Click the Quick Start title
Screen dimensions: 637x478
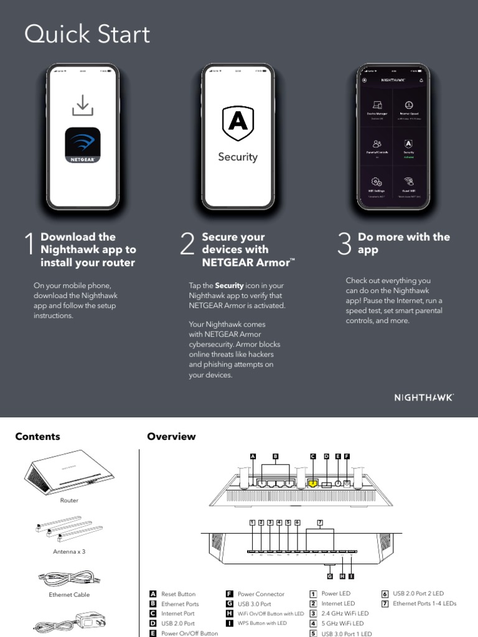click(87, 34)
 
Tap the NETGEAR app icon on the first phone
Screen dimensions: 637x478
click(83, 146)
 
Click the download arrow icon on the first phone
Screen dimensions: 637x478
click(82, 106)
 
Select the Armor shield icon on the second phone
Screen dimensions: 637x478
click(238, 123)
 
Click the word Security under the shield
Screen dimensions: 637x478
click(238, 157)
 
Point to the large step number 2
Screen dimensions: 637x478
click(187, 245)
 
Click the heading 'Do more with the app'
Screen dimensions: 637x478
click(403, 243)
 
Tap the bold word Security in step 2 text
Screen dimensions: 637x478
click(228, 286)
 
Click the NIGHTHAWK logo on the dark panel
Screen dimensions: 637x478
click(424, 397)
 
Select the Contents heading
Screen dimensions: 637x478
click(37, 437)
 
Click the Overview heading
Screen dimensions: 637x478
click(171, 437)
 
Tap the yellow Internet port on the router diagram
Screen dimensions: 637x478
click(313, 483)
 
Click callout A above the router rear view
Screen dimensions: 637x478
click(253, 456)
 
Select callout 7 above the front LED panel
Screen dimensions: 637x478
click(320, 523)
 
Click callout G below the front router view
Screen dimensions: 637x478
click(330, 576)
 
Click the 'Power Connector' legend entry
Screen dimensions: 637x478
click(261, 594)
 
